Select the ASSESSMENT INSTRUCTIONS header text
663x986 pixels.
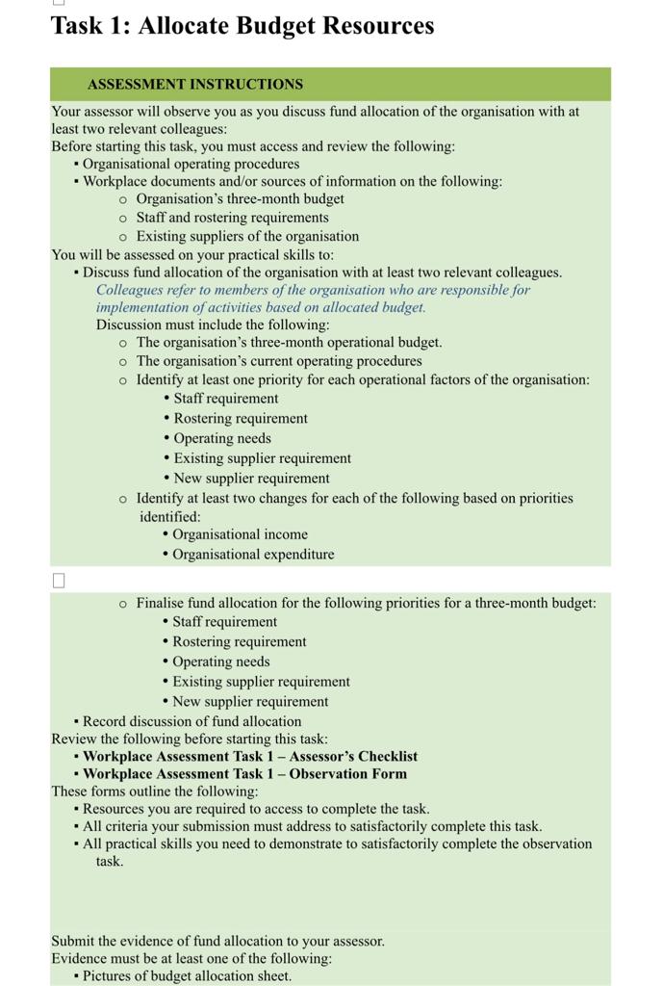(194, 85)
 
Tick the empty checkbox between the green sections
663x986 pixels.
(59, 580)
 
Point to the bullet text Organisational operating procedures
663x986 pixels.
(191, 164)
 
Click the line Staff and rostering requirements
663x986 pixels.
(232, 218)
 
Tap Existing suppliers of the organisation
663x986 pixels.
(247, 236)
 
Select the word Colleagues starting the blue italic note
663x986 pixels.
(130, 290)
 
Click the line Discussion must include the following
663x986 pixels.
(212, 324)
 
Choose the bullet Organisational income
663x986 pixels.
(240, 534)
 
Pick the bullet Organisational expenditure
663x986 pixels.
(253, 555)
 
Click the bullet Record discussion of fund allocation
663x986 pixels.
(191, 721)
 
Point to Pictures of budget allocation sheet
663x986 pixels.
(187, 975)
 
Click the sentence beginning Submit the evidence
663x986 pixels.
(217, 941)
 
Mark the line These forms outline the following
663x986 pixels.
(155, 791)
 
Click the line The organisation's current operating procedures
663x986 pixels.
(278, 361)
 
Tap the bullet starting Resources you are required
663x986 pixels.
(256, 809)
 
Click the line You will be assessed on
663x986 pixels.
(192, 254)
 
